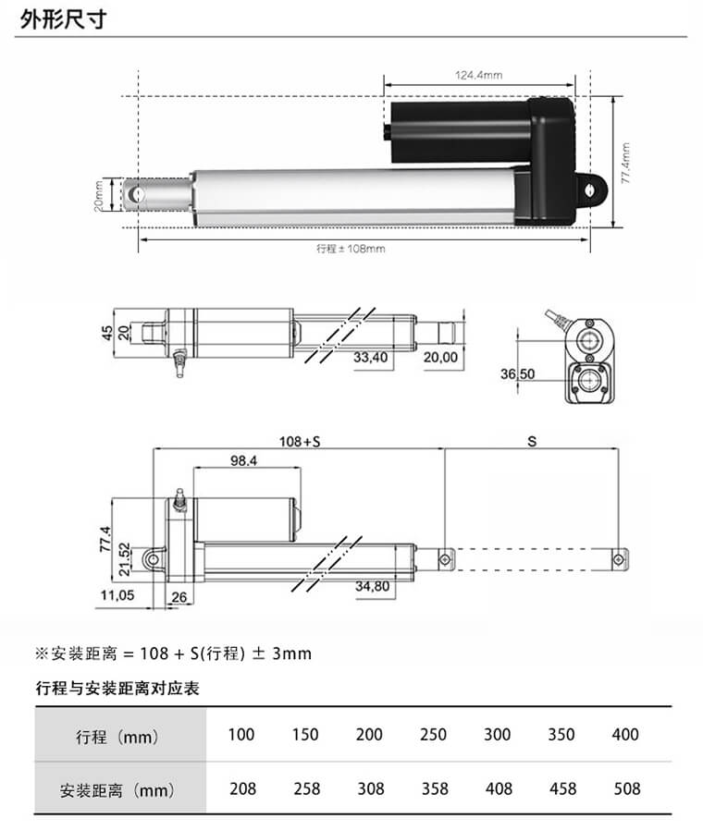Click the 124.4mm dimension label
[478, 75]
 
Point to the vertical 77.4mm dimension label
[625, 164]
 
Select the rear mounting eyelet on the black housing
[588, 189]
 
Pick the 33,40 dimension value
[371, 357]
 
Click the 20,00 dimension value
[440, 357]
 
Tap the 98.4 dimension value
[243, 459]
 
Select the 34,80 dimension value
[372, 586]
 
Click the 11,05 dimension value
[117, 595]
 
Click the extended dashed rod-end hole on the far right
[618, 557]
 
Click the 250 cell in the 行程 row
[432, 735]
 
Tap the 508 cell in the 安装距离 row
[625, 788]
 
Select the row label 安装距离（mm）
[117, 790]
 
